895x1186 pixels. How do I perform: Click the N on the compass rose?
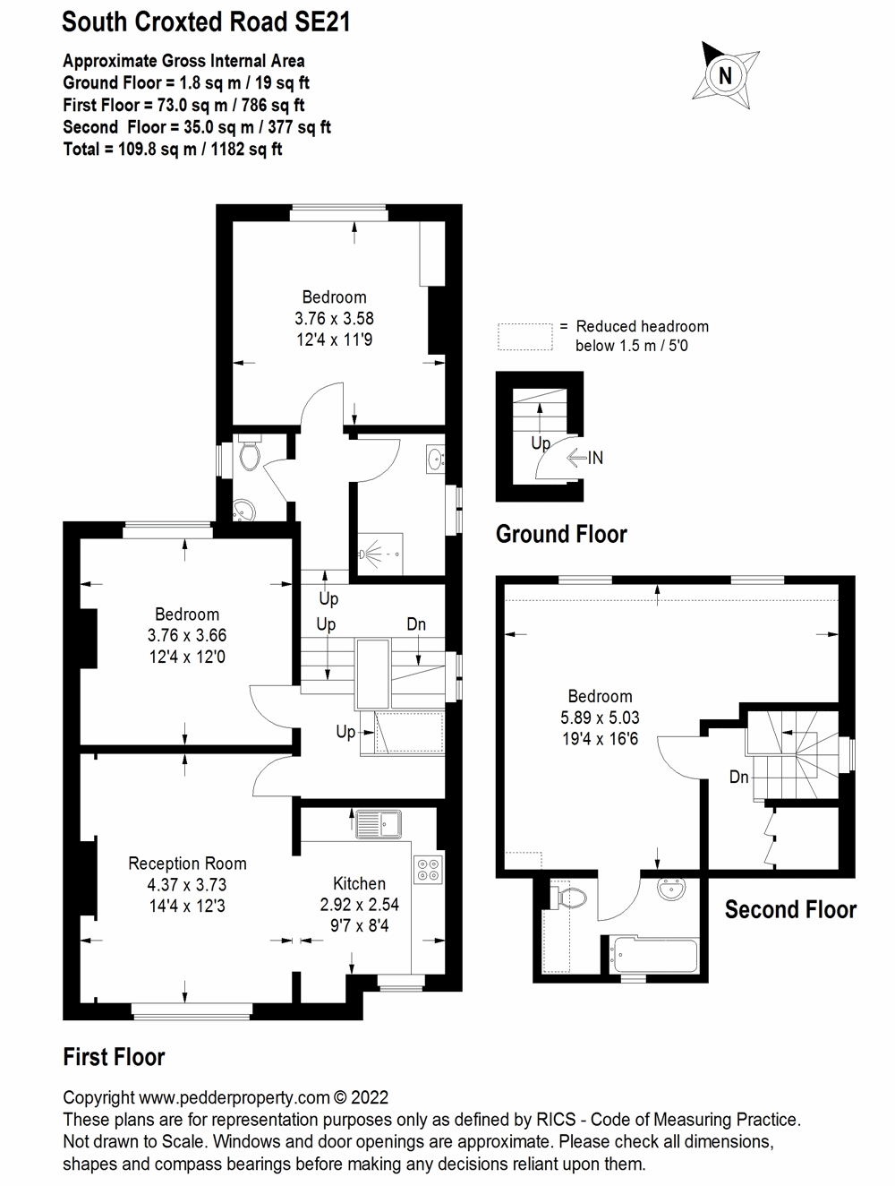tap(726, 76)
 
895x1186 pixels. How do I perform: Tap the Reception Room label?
tap(187, 864)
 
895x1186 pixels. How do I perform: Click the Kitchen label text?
tap(359, 883)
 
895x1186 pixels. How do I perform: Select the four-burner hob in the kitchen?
tap(427, 870)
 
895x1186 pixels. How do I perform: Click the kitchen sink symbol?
tap(379, 822)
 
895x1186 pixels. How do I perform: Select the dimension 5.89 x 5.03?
tap(600, 718)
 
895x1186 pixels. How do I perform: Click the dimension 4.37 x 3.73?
tap(187, 885)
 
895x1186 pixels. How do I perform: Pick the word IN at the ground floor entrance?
tap(595, 458)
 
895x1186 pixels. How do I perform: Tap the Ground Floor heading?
tap(561, 535)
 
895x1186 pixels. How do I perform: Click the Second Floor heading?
tap(790, 910)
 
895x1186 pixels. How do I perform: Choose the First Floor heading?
tap(114, 1057)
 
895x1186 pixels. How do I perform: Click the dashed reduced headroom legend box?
tap(525, 337)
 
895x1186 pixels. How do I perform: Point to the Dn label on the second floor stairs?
tap(738, 777)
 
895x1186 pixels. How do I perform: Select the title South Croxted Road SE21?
tap(206, 22)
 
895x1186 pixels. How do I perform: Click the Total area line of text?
tap(173, 149)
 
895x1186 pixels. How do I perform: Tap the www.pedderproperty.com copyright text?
tap(226, 1097)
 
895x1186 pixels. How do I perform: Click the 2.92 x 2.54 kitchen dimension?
tap(359, 905)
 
